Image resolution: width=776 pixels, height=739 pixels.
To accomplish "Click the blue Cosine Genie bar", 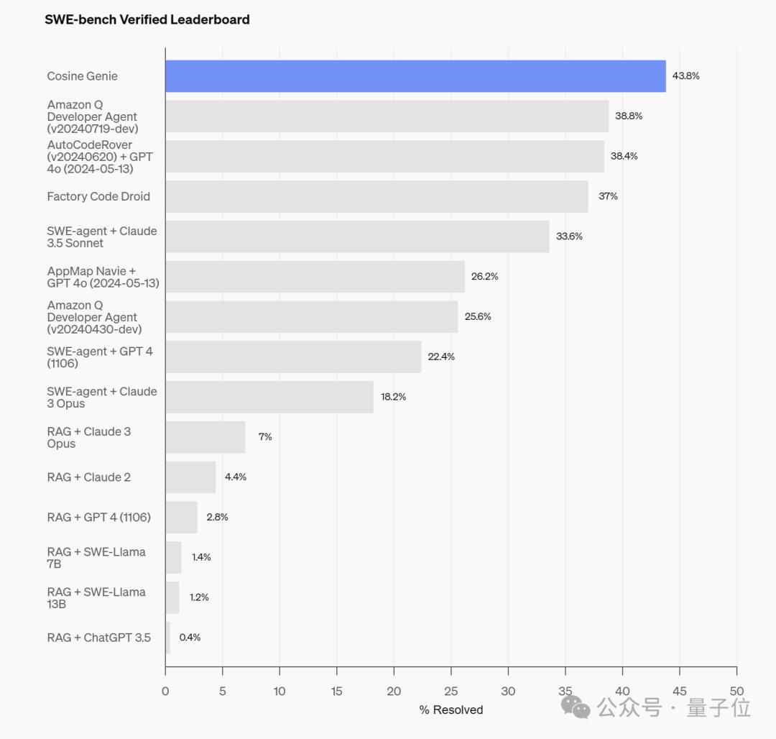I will [415, 76].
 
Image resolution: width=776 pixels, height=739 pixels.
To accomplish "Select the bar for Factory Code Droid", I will [377, 196].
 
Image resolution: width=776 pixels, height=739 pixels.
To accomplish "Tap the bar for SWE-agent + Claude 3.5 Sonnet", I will [357, 237].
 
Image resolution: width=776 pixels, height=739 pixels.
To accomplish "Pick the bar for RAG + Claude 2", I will [190, 477].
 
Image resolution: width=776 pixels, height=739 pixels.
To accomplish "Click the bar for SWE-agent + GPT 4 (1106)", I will [293, 357].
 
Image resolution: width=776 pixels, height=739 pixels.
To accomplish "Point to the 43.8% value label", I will [685, 76].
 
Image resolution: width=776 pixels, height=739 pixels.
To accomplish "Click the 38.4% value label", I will [624, 156].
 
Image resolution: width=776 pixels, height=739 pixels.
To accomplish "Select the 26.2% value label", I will [484, 276].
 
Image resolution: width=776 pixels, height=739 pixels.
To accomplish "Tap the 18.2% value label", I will [393, 397].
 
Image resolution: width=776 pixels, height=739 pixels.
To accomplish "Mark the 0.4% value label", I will [190, 638].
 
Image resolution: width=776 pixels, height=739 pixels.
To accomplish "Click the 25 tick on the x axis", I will [451, 692].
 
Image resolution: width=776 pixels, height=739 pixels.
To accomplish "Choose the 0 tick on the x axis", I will [165, 692].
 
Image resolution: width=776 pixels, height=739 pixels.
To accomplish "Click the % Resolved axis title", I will [451, 710].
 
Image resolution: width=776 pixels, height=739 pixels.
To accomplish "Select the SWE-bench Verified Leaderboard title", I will [147, 20].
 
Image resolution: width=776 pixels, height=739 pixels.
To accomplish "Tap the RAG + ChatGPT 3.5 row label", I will [99, 638].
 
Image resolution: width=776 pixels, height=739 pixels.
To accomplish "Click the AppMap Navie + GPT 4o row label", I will [103, 277].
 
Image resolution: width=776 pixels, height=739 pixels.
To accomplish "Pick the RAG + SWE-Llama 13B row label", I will [96, 598].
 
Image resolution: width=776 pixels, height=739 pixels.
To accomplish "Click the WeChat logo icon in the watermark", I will [576, 707].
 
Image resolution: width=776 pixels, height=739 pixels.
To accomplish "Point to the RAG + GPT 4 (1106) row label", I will [99, 518].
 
